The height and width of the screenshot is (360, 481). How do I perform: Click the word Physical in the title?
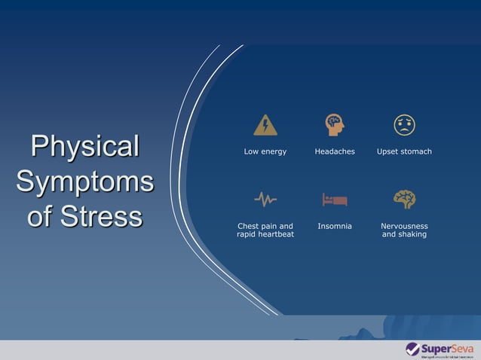pos(84,146)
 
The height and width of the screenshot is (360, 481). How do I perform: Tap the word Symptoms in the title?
pos(84,182)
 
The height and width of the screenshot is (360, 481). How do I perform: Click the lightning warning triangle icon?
pos(265,124)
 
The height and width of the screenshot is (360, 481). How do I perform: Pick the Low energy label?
pos(265,151)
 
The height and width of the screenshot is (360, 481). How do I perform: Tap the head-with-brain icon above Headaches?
pos(334,124)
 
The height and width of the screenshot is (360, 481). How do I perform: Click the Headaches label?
pos(334,151)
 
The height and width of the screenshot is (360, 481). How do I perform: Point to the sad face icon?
pos(404,124)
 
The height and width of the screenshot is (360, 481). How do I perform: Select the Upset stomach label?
pos(404,151)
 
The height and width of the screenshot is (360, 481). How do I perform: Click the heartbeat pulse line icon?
pos(265,200)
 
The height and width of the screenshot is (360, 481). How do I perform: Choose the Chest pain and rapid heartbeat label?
pos(265,230)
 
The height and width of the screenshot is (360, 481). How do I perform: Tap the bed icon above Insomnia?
pos(334,200)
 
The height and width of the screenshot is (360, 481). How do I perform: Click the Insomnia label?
pos(334,226)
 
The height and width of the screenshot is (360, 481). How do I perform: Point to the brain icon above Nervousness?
pos(404,199)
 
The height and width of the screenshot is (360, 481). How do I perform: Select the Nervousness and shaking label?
pos(404,230)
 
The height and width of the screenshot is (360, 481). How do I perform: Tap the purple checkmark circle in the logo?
pos(412,349)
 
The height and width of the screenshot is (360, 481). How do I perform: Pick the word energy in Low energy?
pos(273,151)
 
